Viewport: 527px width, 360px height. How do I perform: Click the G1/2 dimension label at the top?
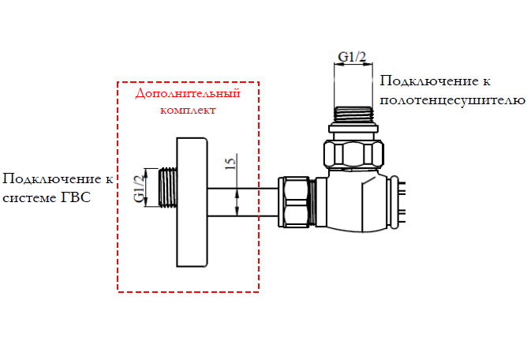click(352, 56)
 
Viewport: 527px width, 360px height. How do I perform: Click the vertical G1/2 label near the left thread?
click(139, 189)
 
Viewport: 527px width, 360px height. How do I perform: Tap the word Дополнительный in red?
click(187, 94)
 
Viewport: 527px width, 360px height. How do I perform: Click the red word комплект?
click(188, 111)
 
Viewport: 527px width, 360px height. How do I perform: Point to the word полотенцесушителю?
click(452, 100)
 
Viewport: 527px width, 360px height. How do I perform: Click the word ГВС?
click(76, 197)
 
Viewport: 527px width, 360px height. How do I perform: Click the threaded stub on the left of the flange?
click(166, 189)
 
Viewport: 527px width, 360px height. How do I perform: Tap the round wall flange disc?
click(192, 201)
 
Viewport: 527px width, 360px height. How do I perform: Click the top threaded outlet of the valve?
click(353, 114)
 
